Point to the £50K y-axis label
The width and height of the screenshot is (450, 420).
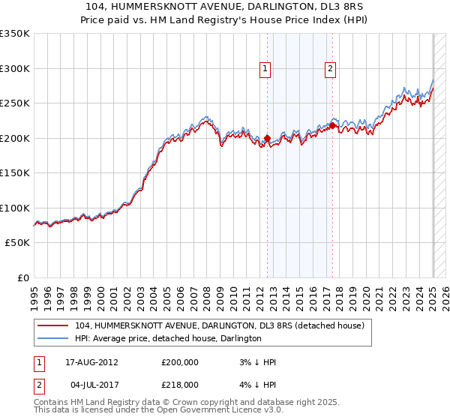pos(17,243)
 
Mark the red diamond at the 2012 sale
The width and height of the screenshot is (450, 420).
pos(267,138)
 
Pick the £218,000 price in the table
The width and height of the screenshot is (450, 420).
pos(180,383)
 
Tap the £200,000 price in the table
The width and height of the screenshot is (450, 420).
pos(180,362)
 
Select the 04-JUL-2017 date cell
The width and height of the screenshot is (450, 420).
pos(91,383)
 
